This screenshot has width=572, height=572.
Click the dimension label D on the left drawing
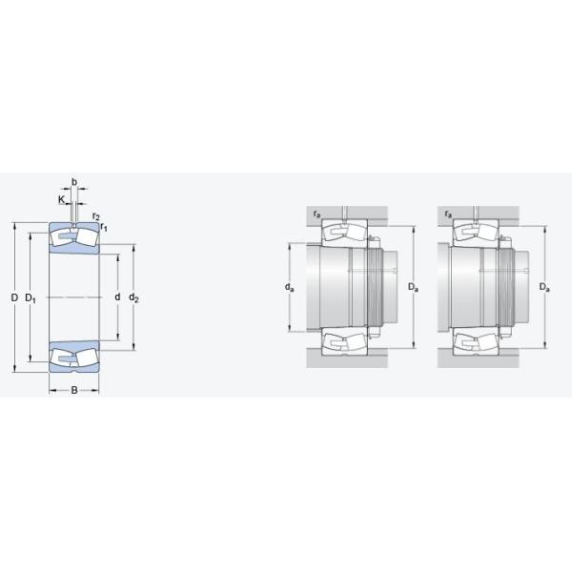[14, 298]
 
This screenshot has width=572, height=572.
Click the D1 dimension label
[31, 298]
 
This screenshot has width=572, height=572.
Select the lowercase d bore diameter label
[117, 297]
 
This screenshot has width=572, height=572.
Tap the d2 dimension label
[134, 298]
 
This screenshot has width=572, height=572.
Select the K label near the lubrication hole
[60, 200]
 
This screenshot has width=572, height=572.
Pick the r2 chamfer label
[96, 216]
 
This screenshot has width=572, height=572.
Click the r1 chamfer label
[105, 228]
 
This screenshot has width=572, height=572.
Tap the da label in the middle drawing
[289, 286]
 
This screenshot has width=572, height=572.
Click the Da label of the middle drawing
[411, 286]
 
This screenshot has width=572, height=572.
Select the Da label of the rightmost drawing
[543, 286]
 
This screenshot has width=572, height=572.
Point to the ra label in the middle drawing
[316, 213]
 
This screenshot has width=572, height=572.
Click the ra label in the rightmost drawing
[448, 213]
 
